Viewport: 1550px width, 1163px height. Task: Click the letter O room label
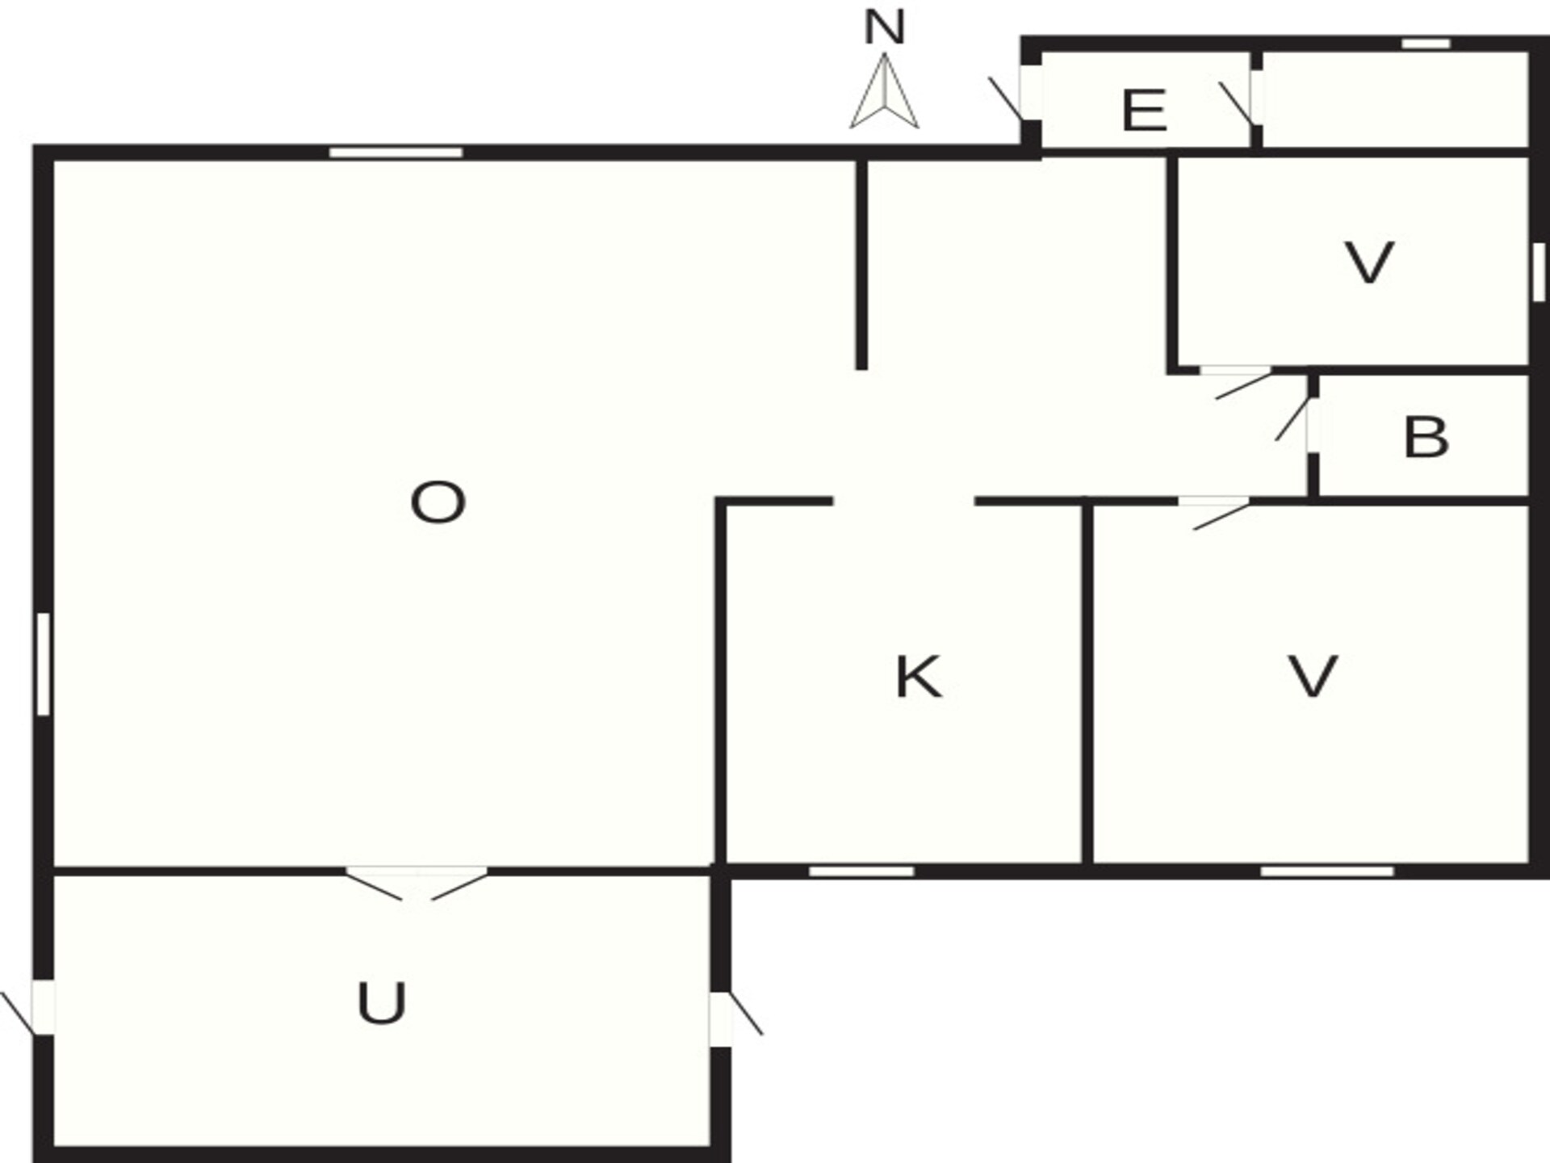point(438,502)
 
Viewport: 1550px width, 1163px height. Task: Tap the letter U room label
point(381,1003)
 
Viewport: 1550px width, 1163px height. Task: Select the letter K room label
point(919,677)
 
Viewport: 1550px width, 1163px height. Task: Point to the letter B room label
point(1426,437)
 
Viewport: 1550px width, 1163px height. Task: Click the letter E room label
point(1144,111)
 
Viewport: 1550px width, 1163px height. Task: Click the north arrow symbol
point(884,90)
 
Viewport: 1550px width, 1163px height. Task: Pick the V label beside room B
point(1370,262)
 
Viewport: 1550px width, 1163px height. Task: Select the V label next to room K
point(1313,676)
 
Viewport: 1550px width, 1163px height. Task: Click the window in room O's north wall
point(396,153)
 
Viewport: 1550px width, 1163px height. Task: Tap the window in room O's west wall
point(44,664)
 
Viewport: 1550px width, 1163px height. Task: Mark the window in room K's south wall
point(861,871)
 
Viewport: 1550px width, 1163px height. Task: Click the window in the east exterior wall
point(1539,272)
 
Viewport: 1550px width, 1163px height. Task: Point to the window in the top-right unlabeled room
point(1426,44)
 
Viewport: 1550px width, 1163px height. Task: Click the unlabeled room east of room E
point(1395,100)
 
